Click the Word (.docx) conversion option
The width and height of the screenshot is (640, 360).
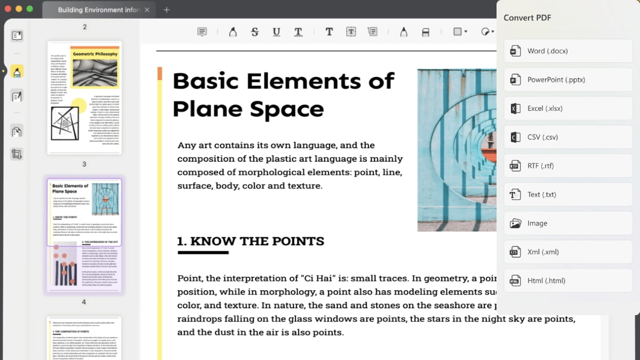pos(567,51)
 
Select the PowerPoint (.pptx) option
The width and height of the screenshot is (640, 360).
pos(567,80)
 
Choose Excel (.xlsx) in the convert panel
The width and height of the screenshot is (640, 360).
pos(567,109)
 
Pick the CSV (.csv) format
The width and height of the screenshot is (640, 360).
pos(567,138)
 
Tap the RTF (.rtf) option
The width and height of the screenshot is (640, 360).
pos(567,166)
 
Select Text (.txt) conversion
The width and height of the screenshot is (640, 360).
pos(567,195)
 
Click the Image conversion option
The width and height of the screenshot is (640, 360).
pos(567,223)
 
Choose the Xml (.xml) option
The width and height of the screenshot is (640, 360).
pos(567,252)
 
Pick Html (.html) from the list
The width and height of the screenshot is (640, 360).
pos(567,281)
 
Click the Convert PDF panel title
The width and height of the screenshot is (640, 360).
pos(527,18)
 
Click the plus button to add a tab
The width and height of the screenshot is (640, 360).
pos(166,10)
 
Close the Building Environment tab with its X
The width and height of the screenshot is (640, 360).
pos(147,10)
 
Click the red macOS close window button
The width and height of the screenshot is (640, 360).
pos(8,9)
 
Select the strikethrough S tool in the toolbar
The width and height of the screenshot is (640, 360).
pos(254,32)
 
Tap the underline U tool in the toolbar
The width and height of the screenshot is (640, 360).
pos(276,32)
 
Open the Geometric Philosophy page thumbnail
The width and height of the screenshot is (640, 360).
pos(84,98)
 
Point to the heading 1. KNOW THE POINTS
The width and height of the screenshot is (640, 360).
pos(251,242)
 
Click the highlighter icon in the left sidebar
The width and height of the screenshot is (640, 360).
pos(17,71)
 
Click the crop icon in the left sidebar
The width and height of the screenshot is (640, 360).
pos(17,155)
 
